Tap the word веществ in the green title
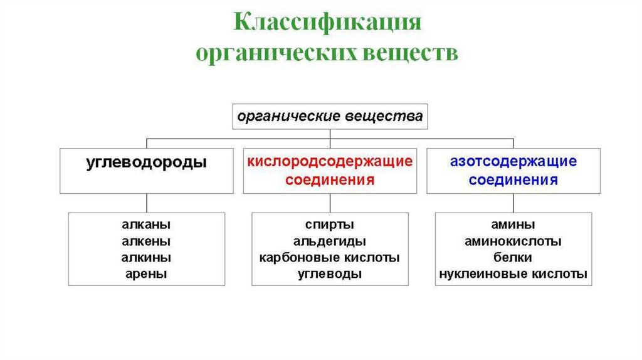[x=409, y=53]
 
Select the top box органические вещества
[x=330, y=116]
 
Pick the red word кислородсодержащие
[x=330, y=162]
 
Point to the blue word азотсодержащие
[x=513, y=162]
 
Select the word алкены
[x=146, y=241]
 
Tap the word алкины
[x=146, y=258]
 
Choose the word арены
[x=146, y=274]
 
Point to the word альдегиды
[x=330, y=241]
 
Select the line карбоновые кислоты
[x=330, y=258]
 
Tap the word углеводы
[x=330, y=274]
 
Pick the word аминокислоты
[x=513, y=241]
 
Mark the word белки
[x=513, y=258]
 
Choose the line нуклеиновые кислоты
[x=513, y=274]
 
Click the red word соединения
[x=330, y=181]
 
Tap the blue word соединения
[x=513, y=181]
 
